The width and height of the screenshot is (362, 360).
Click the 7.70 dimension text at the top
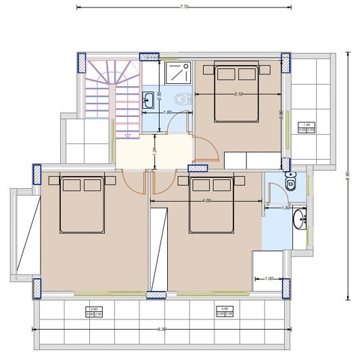(x=184, y=5)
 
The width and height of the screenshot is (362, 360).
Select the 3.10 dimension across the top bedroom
(x=238, y=93)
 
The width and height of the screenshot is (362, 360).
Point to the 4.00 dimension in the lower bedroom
(x=206, y=200)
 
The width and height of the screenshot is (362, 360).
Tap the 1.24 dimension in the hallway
(x=155, y=153)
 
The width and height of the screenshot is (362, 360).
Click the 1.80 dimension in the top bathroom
(x=168, y=111)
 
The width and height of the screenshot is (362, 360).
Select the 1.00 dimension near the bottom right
(x=269, y=278)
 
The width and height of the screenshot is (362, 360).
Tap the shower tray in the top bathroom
(x=177, y=75)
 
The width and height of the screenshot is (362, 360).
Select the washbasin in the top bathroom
(x=148, y=102)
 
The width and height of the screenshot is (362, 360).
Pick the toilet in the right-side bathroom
(x=291, y=181)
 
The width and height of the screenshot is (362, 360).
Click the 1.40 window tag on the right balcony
(x=307, y=127)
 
